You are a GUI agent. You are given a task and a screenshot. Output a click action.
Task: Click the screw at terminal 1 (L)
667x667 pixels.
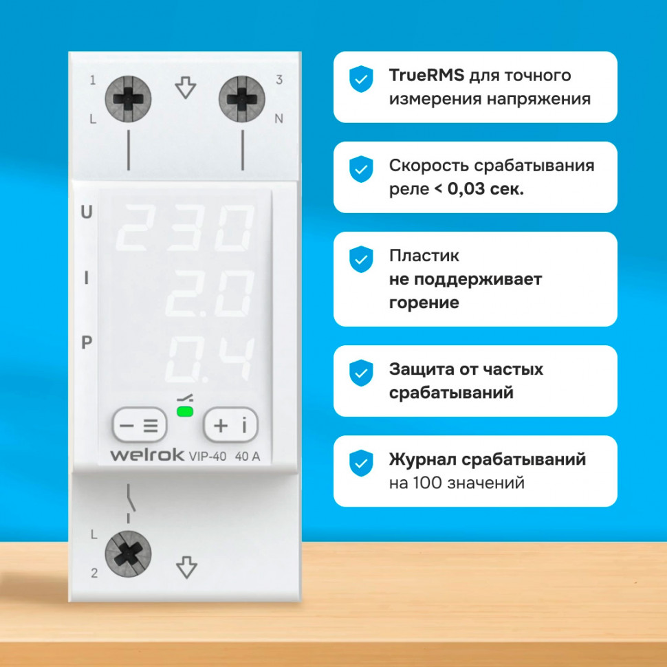pyautogui.click(x=128, y=99)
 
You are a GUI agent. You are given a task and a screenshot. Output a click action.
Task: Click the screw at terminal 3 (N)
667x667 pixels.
pyautogui.click(x=241, y=99)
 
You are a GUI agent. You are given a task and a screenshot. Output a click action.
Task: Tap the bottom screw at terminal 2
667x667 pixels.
pyautogui.click(x=128, y=554)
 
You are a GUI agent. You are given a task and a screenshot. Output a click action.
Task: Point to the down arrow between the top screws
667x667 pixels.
pyautogui.click(x=186, y=87)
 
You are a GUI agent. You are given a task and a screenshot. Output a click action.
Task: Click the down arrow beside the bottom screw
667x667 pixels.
pyautogui.click(x=186, y=567)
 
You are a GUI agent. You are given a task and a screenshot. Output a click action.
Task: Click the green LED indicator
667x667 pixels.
pyautogui.click(x=185, y=411)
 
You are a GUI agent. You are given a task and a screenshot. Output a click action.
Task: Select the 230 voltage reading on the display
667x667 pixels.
pyautogui.click(x=186, y=228)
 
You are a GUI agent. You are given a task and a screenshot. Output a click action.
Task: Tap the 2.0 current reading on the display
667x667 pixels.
pyautogui.click(x=210, y=294)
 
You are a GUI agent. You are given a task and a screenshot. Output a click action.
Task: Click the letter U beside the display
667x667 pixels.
pyautogui.click(x=87, y=212)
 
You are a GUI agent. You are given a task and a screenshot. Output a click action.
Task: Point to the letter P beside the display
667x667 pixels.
pyautogui.click(x=87, y=342)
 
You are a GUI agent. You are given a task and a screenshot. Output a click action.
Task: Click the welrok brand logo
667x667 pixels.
pyautogui.click(x=147, y=455)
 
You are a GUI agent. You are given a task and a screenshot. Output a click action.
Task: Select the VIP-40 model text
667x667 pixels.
pyautogui.click(x=208, y=457)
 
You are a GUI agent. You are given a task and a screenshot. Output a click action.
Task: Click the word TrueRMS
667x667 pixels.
pyautogui.click(x=426, y=75)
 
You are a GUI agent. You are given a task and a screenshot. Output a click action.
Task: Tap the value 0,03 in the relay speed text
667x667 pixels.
pyautogui.click(x=466, y=189)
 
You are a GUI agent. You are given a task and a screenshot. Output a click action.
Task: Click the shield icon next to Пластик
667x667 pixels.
pyautogui.click(x=361, y=259)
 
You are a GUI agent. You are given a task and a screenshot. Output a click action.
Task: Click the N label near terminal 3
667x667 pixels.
pyautogui.click(x=279, y=119)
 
